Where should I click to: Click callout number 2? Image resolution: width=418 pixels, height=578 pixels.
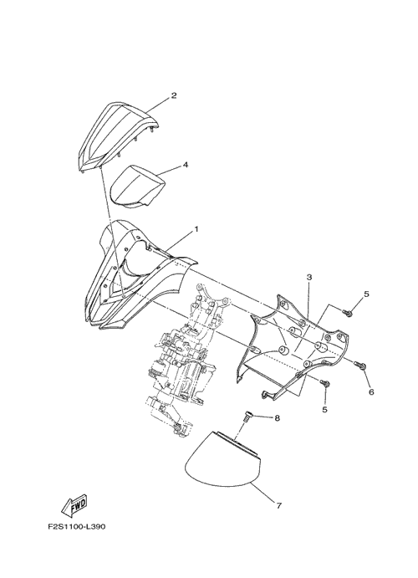tap(174, 95)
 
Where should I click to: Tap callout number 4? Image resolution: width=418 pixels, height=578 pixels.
tap(186, 165)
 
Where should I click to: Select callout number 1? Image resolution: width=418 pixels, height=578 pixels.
tap(196, 229)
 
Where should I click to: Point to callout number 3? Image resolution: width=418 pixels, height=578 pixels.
tap(309, 277)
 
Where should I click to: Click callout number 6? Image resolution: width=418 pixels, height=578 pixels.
tap(371, 392)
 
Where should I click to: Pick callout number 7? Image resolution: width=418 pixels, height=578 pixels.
tap(278, 506)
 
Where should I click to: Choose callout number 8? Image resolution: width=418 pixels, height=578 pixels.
tap(277, 418)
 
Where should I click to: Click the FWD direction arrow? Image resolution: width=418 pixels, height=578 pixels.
tap(74, 505)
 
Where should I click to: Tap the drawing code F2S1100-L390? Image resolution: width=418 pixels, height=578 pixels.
tap(77, 526)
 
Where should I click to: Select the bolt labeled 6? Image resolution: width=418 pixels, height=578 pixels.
tap(359, 365)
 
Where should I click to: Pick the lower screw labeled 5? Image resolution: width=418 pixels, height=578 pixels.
tap(325, 383)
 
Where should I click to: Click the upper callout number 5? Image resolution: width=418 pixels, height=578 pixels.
tap(366, 294)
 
